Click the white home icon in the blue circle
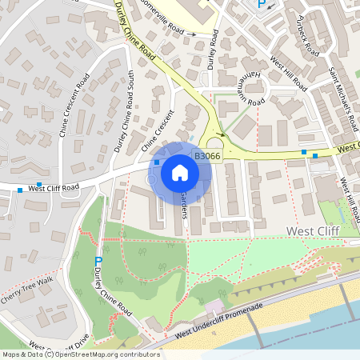180,172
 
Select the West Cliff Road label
54,188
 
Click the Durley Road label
213,52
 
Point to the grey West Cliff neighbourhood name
313,231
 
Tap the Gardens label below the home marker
184,206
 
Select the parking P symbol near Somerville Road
260,6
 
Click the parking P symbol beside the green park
98,262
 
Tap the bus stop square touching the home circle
156,162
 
